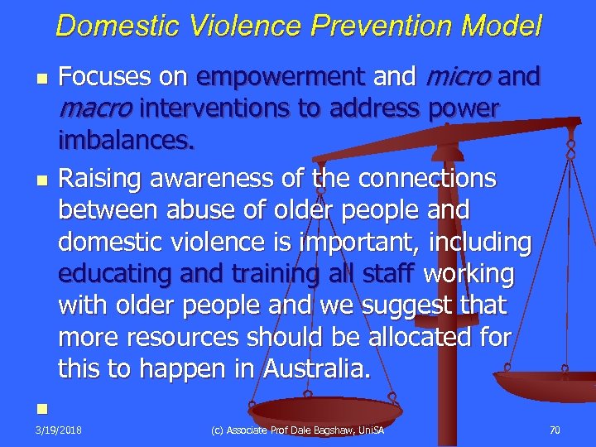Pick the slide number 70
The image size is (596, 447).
pos(554,430)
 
